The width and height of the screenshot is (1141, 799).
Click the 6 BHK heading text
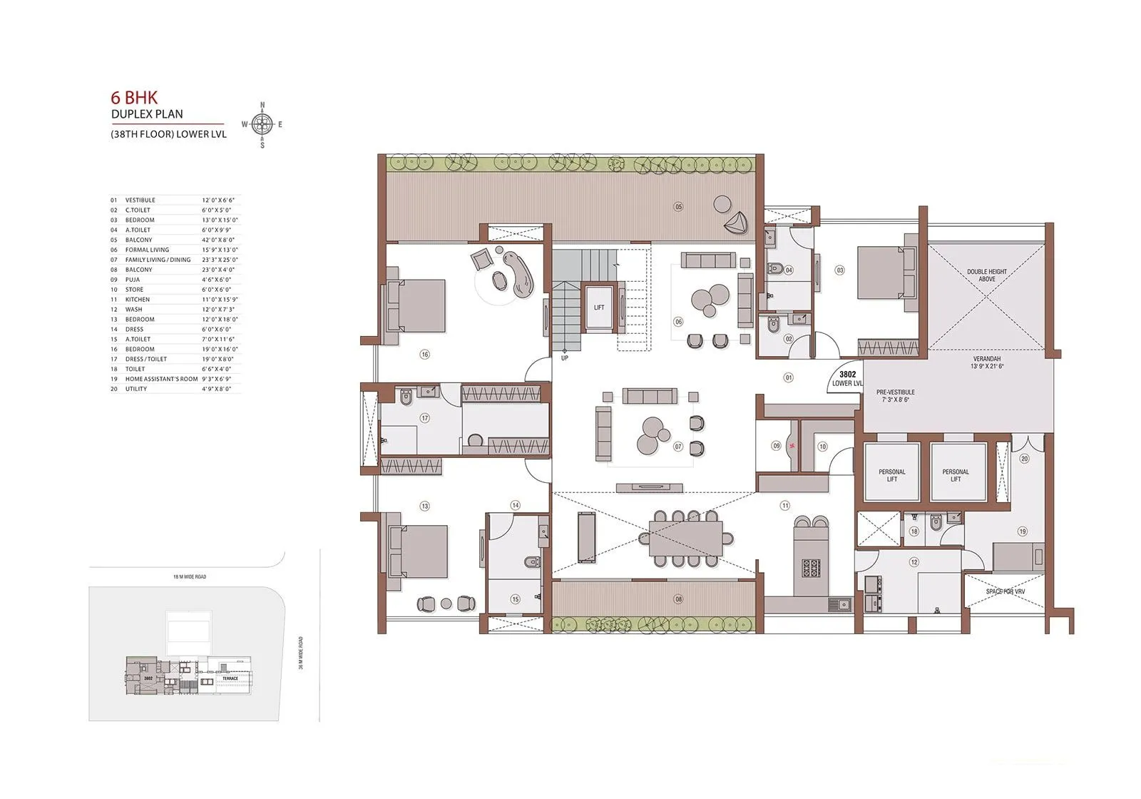134,98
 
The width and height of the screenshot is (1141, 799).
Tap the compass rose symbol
262,125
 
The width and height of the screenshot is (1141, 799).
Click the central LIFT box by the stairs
599,307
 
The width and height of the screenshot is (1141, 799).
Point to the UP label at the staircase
564,357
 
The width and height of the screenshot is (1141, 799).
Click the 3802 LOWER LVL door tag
847,378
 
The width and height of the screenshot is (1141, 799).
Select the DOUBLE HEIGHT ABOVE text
987,275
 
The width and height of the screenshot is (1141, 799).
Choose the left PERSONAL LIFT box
892,475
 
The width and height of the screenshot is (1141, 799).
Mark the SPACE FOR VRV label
1005,591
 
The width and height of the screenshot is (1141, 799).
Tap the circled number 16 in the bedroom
424,354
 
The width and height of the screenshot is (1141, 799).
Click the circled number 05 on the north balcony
678,207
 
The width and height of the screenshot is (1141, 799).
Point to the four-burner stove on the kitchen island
812,569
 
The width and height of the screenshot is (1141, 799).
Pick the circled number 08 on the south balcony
678,599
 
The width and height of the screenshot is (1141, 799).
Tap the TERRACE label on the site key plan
230,678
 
